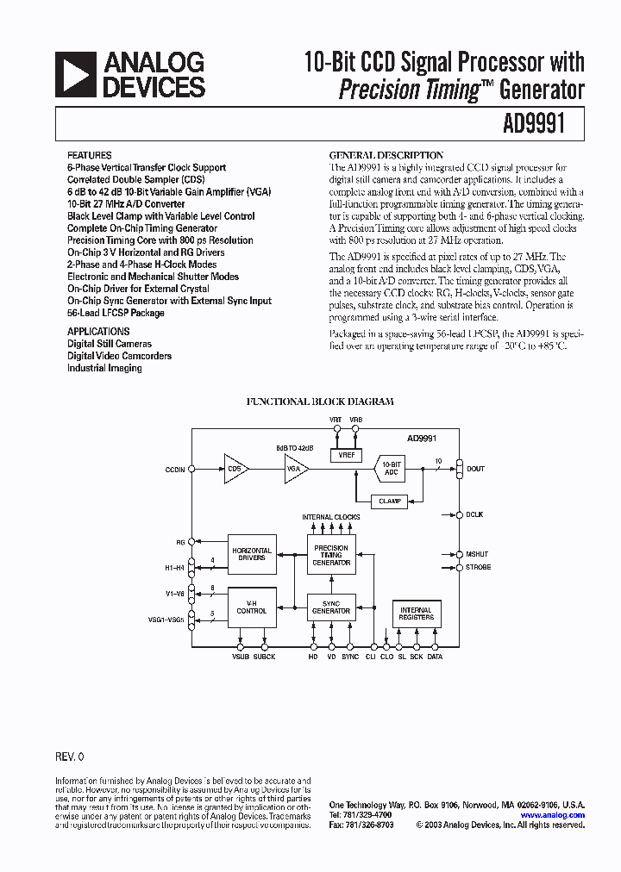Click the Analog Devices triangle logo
coord(75,74)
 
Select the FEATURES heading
coord(89,156)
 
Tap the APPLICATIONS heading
coord(98,331)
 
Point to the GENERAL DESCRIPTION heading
coord(386,155)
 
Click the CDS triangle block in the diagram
coord(235,469)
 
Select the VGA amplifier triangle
coord(296,469)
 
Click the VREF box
coord(347,454)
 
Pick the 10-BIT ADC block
coord(390,469)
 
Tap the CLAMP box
coord(390,501)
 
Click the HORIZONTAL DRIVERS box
coord(252,554)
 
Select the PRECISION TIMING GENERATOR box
coord(331,554)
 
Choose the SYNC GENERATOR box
coord(331,607)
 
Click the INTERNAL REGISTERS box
coord(416,614)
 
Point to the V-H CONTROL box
coord(252,607)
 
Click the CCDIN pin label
coord(175,469)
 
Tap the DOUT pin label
coord(475,469)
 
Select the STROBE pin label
coord(478,567)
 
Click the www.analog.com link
coord(552,814)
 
